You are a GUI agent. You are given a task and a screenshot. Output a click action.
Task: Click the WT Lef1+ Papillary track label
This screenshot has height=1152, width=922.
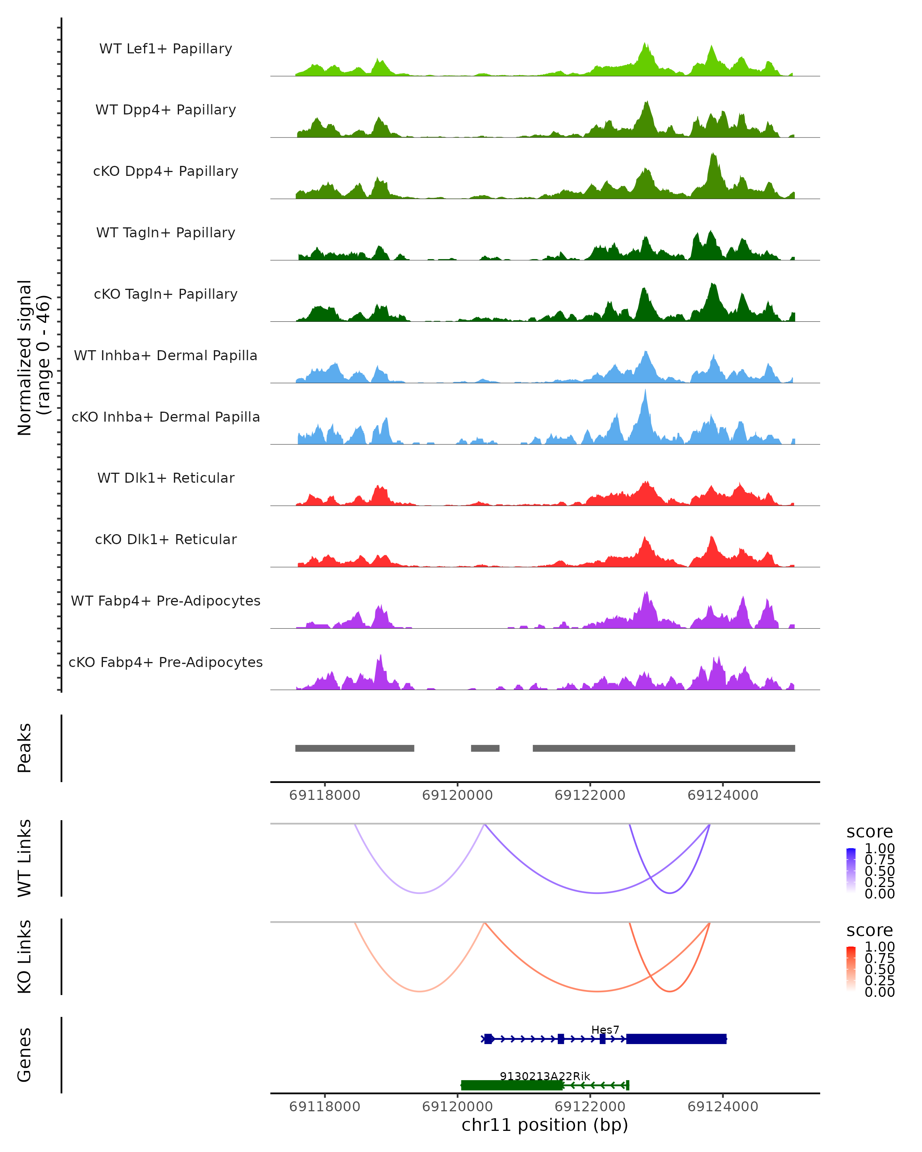166,49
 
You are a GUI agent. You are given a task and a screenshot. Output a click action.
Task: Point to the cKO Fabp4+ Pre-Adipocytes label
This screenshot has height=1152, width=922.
166,662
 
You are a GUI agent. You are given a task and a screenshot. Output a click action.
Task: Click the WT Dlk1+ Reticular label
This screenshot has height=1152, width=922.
166,478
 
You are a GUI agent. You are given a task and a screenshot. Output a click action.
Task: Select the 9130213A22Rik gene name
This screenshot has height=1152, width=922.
545,1076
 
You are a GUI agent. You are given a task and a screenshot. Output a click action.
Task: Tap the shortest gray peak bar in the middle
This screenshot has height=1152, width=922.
485,748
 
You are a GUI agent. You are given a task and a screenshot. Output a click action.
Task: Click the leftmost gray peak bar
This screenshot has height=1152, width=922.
354,748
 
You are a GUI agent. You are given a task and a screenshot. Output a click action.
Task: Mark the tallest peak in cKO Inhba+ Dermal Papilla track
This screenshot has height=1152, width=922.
645,391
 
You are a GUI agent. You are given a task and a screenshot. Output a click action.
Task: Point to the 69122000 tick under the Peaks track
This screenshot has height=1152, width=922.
590,795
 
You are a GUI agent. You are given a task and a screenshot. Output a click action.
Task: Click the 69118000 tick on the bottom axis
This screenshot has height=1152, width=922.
325,1107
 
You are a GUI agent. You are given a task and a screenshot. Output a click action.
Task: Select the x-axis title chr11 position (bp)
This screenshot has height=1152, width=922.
545,1125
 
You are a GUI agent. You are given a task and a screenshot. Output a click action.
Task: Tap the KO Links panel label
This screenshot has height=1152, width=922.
25,957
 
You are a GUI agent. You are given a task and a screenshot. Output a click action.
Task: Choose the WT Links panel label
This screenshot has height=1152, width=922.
25,858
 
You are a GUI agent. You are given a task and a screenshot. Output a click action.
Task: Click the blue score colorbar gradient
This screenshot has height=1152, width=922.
851,871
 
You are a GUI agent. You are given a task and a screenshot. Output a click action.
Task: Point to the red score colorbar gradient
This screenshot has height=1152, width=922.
851,969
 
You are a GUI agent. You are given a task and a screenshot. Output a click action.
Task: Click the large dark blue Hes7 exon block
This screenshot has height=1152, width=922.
676,1039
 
